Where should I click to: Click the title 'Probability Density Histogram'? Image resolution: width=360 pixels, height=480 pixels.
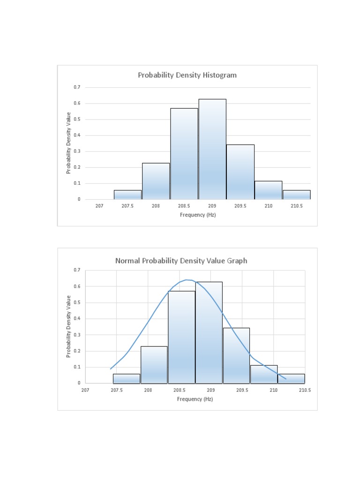(187, 75)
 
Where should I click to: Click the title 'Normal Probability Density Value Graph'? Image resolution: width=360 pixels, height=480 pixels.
(181, 261)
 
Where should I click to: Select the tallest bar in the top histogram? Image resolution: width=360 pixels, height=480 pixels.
(212, 150)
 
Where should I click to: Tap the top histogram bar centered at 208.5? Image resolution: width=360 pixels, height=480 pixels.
(184, 155)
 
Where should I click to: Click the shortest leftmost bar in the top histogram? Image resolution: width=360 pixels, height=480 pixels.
(127, 195)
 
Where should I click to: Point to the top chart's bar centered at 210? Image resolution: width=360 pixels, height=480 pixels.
(268, 190)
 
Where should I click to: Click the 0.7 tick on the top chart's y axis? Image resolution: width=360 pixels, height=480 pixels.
(77, 87)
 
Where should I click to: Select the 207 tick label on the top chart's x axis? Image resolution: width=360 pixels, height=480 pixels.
(99, 206)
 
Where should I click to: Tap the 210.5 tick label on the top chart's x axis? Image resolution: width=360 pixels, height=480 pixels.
(296, 206)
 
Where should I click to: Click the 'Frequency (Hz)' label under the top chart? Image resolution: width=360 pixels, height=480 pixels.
(198, 215)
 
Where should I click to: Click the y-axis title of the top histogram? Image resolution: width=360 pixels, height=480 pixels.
(68, 143)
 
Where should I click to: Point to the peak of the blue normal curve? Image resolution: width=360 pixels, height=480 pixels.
(187, 280)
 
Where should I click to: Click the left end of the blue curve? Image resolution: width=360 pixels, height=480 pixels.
(111, 369)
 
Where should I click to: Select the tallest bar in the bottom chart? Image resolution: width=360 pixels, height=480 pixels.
(209, 333)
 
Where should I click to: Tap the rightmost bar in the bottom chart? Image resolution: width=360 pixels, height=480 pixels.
(291, 378)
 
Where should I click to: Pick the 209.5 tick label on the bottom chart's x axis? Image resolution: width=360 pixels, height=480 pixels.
(242, 390)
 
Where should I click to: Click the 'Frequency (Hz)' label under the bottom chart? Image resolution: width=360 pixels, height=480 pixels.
(195, 399)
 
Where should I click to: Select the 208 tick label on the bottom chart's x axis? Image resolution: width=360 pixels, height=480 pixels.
(148, 390)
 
